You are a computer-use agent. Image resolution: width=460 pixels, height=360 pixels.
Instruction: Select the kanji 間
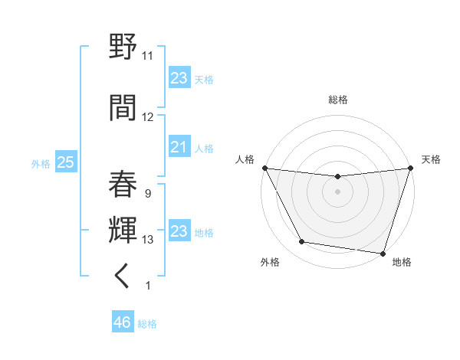coord(124,106)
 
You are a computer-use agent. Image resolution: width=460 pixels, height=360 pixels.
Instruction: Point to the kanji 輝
coord(124,227)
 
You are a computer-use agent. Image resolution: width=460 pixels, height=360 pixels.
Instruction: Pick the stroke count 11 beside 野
coord(148,56)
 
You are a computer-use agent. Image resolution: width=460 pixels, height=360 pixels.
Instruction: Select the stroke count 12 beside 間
coord(148,117)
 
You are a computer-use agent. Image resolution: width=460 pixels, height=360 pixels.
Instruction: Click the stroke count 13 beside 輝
coord(148,240)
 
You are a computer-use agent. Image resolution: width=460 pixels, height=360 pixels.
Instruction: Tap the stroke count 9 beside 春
coord(147,193)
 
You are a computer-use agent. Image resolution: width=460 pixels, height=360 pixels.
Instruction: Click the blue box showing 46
coord(123,322)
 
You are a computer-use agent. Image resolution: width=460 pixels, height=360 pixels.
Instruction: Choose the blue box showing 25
coord(65,162)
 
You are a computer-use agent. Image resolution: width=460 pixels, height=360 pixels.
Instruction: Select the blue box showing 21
coord(179,147)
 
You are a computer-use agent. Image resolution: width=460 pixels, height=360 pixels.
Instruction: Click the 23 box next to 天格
coord(179,78)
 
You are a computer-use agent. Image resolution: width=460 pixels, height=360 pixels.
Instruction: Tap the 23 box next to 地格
coord(179,231)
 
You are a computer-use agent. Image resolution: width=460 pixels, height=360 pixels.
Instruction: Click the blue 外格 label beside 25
coord(41,163)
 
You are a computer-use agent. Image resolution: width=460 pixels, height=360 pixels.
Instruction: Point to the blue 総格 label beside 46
coord(147,324)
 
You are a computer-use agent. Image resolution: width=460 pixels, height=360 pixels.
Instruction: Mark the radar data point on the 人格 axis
coord(264,167)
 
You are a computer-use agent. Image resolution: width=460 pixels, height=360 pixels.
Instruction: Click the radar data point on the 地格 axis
coord(383,253)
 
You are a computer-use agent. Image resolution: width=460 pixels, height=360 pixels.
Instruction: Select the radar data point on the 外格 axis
coord(301,242)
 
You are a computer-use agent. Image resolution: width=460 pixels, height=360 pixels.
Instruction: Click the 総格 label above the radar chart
coord(337,100)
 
